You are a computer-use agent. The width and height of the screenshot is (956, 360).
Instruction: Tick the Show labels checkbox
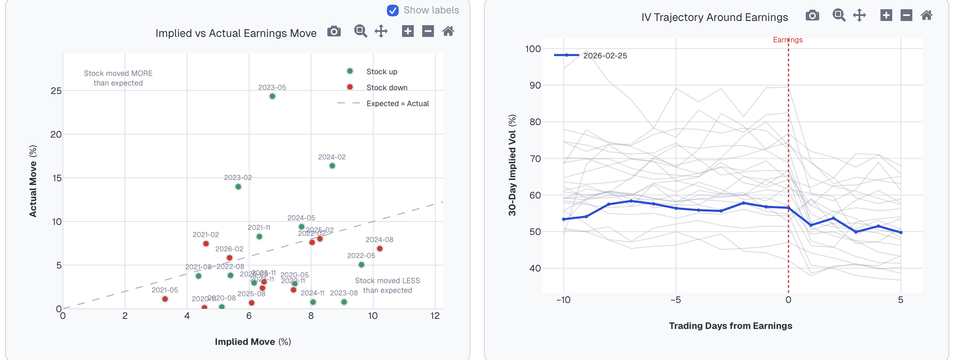click(393, 10)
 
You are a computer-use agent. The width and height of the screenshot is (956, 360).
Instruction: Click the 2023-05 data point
click(272, 97)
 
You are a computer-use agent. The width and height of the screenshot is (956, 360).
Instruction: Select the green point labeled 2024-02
click(332, 166)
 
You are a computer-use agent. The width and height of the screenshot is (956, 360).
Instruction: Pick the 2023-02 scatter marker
click(238, 187)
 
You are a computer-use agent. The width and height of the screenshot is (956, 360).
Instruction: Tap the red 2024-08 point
click(380, 249)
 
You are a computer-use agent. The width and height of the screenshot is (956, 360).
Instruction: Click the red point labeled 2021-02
click(206, 244)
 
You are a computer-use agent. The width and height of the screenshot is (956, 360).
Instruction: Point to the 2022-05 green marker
click(361, 265)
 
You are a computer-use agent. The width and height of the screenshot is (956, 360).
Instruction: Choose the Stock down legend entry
click(387, 88)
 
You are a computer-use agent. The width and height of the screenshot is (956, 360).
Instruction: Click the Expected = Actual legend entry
click(397, 104)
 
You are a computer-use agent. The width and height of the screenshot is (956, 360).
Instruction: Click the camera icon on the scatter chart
click(334, 31)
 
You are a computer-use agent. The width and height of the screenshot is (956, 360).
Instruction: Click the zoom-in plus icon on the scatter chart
click(407, 31)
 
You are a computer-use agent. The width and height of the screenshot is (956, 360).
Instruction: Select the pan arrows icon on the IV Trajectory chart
click(859, 16)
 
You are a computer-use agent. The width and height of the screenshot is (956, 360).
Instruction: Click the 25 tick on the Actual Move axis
click(56, 91)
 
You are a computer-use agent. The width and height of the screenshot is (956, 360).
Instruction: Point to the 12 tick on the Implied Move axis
click(435, 316)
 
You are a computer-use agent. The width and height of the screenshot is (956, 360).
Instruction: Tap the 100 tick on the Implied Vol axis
click(533, 49)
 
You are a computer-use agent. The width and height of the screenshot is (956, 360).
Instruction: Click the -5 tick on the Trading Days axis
click(675, 300)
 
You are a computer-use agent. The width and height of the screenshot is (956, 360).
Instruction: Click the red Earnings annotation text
click(788, 40)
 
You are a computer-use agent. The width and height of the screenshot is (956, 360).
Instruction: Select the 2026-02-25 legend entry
click(605, 56)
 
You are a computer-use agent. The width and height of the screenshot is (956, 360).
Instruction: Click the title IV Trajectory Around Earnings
click(714, 17)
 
